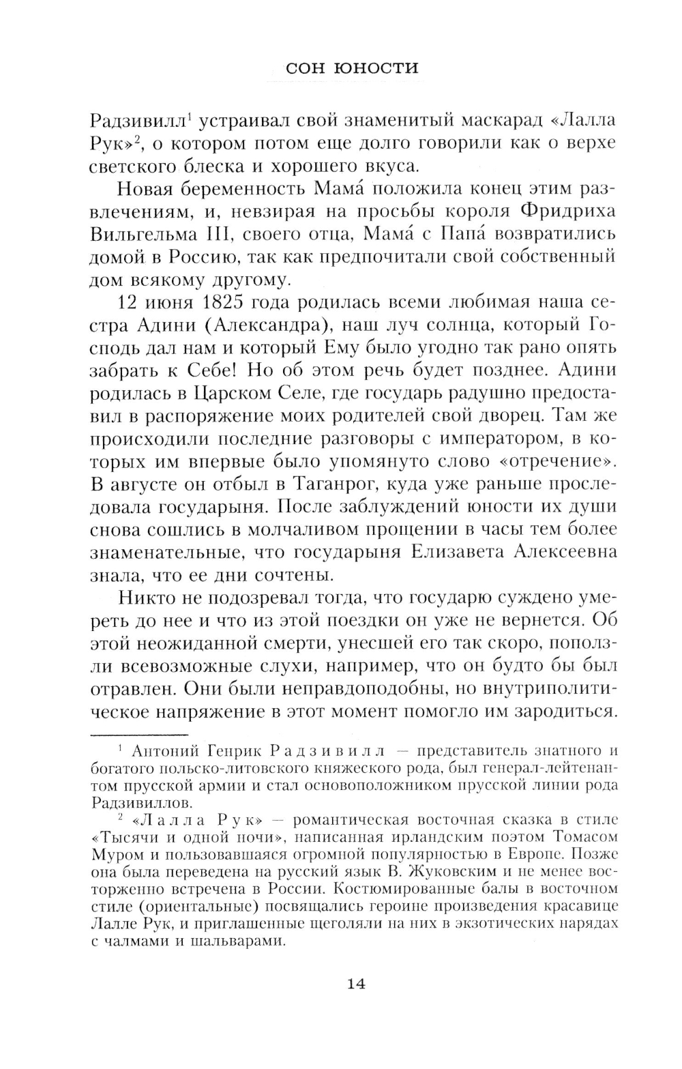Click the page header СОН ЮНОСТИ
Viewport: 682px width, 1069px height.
(351, 68)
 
